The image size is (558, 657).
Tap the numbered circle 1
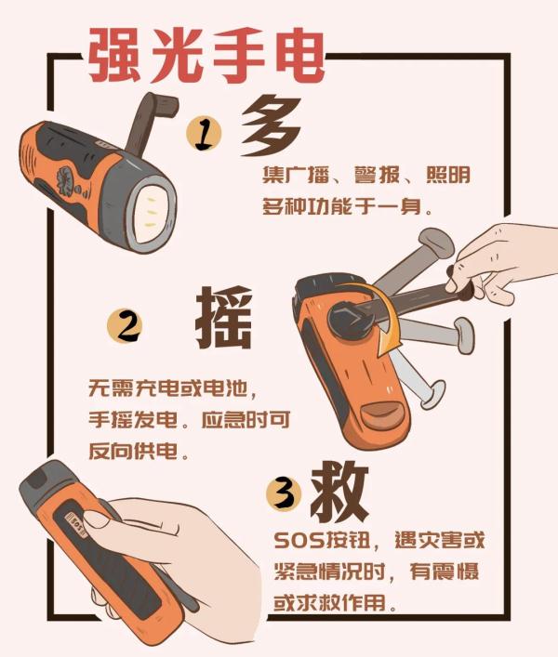[205, 135]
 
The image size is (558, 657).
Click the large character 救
[339, 489]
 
